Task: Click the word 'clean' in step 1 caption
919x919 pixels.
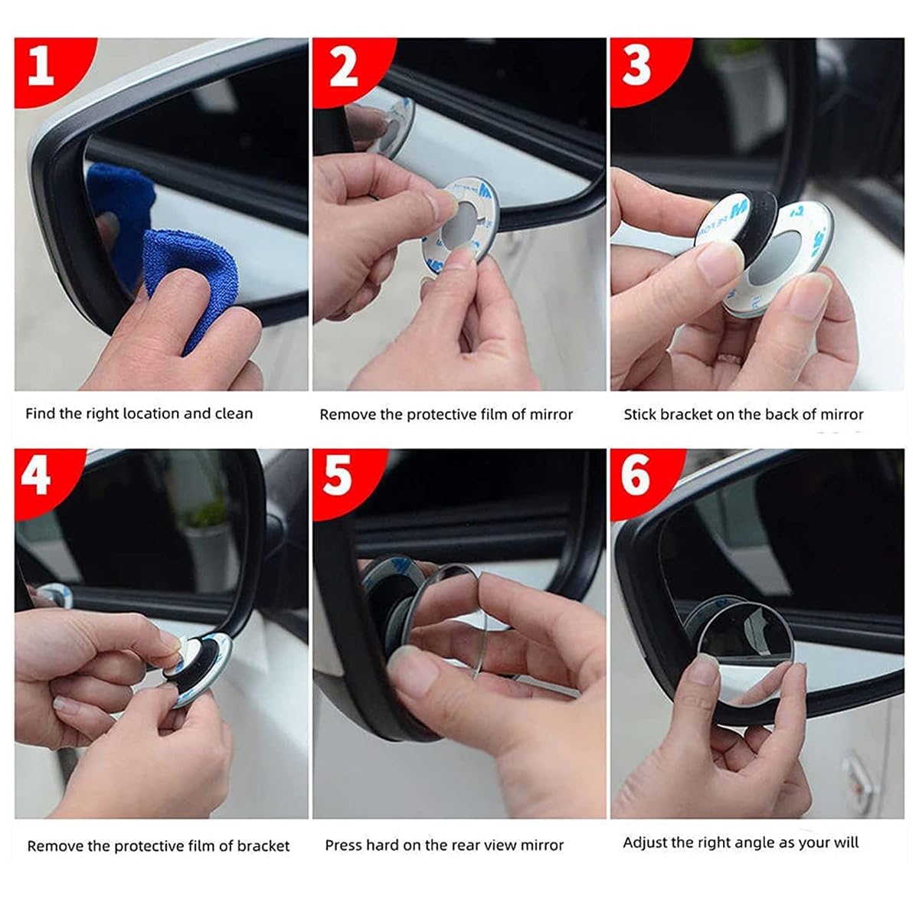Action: click(x=234, y=414)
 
